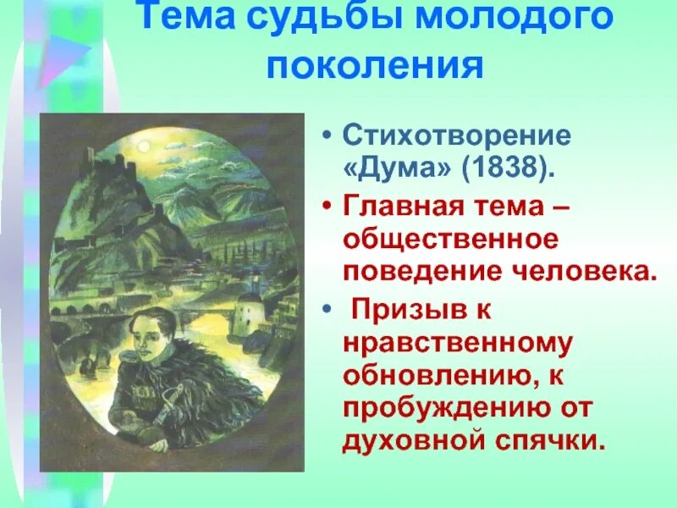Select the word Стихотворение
456,135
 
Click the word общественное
450,240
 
